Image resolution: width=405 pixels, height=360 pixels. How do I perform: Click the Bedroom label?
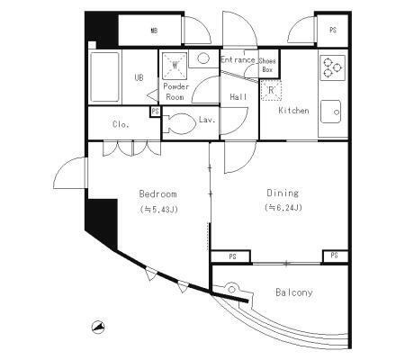coord(157,194)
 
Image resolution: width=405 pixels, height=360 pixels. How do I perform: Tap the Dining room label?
coord(283,193)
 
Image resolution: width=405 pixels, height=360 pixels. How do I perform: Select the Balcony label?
coord(294,292)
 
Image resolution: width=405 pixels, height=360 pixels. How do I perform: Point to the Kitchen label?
coord(293,111)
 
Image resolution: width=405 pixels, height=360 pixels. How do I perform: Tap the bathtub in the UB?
coord(104,77)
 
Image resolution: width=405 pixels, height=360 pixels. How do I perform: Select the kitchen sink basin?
coord(330,112)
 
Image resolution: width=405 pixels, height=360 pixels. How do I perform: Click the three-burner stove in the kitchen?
coord(333,67)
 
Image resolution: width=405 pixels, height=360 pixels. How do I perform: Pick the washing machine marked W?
coord(175,65)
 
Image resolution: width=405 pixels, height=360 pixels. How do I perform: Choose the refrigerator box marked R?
coord(271,90)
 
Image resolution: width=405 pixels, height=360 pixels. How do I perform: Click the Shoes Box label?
coord(267,65)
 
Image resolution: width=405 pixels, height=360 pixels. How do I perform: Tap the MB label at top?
coord(154,31)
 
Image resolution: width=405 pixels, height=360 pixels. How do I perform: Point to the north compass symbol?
coord(98,328)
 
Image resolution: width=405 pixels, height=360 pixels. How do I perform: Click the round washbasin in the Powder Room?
coord(203,58)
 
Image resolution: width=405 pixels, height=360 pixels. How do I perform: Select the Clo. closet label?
coord(121,124)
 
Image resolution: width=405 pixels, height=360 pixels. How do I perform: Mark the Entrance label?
coord(238,59)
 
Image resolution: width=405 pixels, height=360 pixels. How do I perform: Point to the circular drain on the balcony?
coord(232,290)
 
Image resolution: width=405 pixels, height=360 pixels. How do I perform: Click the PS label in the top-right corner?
coord(333,30)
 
